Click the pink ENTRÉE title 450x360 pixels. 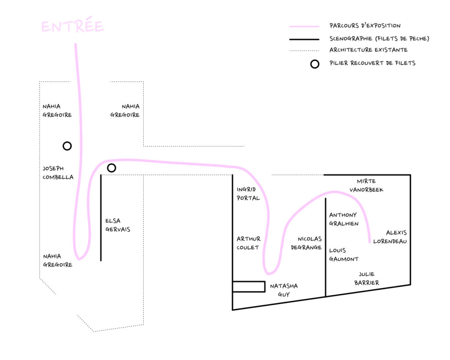pos(73,27)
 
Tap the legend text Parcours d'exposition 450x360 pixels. pos(365,26)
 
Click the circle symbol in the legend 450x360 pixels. pos(315,64)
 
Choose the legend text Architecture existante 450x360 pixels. pos(368,50)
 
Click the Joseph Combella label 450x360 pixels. pos(58,173)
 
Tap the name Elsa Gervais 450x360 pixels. pos(117,225)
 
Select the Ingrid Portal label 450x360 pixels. pos(248,194)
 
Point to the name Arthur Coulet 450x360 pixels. pos(248,243)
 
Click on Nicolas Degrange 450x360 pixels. pos(306,243)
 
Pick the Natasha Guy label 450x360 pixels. pos(283,290)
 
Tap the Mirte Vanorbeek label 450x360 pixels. pos(366,185)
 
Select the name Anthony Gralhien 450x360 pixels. pos(344,219)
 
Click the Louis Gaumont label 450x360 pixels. pos(343,255)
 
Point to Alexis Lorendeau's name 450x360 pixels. pos(390,236)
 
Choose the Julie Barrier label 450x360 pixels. pos(367,279)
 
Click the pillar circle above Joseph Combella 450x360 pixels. pos(67,146)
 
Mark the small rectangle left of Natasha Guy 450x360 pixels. pos(249,287)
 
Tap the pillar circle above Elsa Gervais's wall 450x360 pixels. pos(112,168)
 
